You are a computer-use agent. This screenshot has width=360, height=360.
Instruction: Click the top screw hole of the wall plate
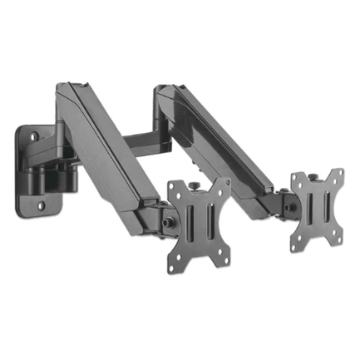click(35, 132)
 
